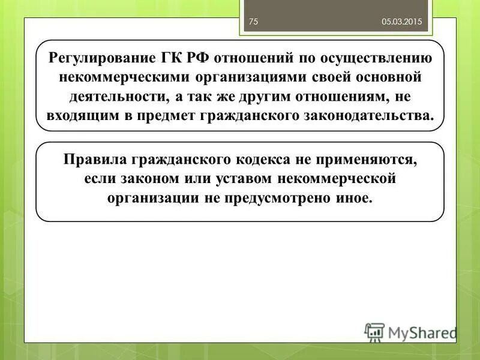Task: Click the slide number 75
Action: click(x=253, y=22)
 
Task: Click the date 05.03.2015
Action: click(x=402, y=22)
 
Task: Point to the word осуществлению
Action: click(x=380, y=59)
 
